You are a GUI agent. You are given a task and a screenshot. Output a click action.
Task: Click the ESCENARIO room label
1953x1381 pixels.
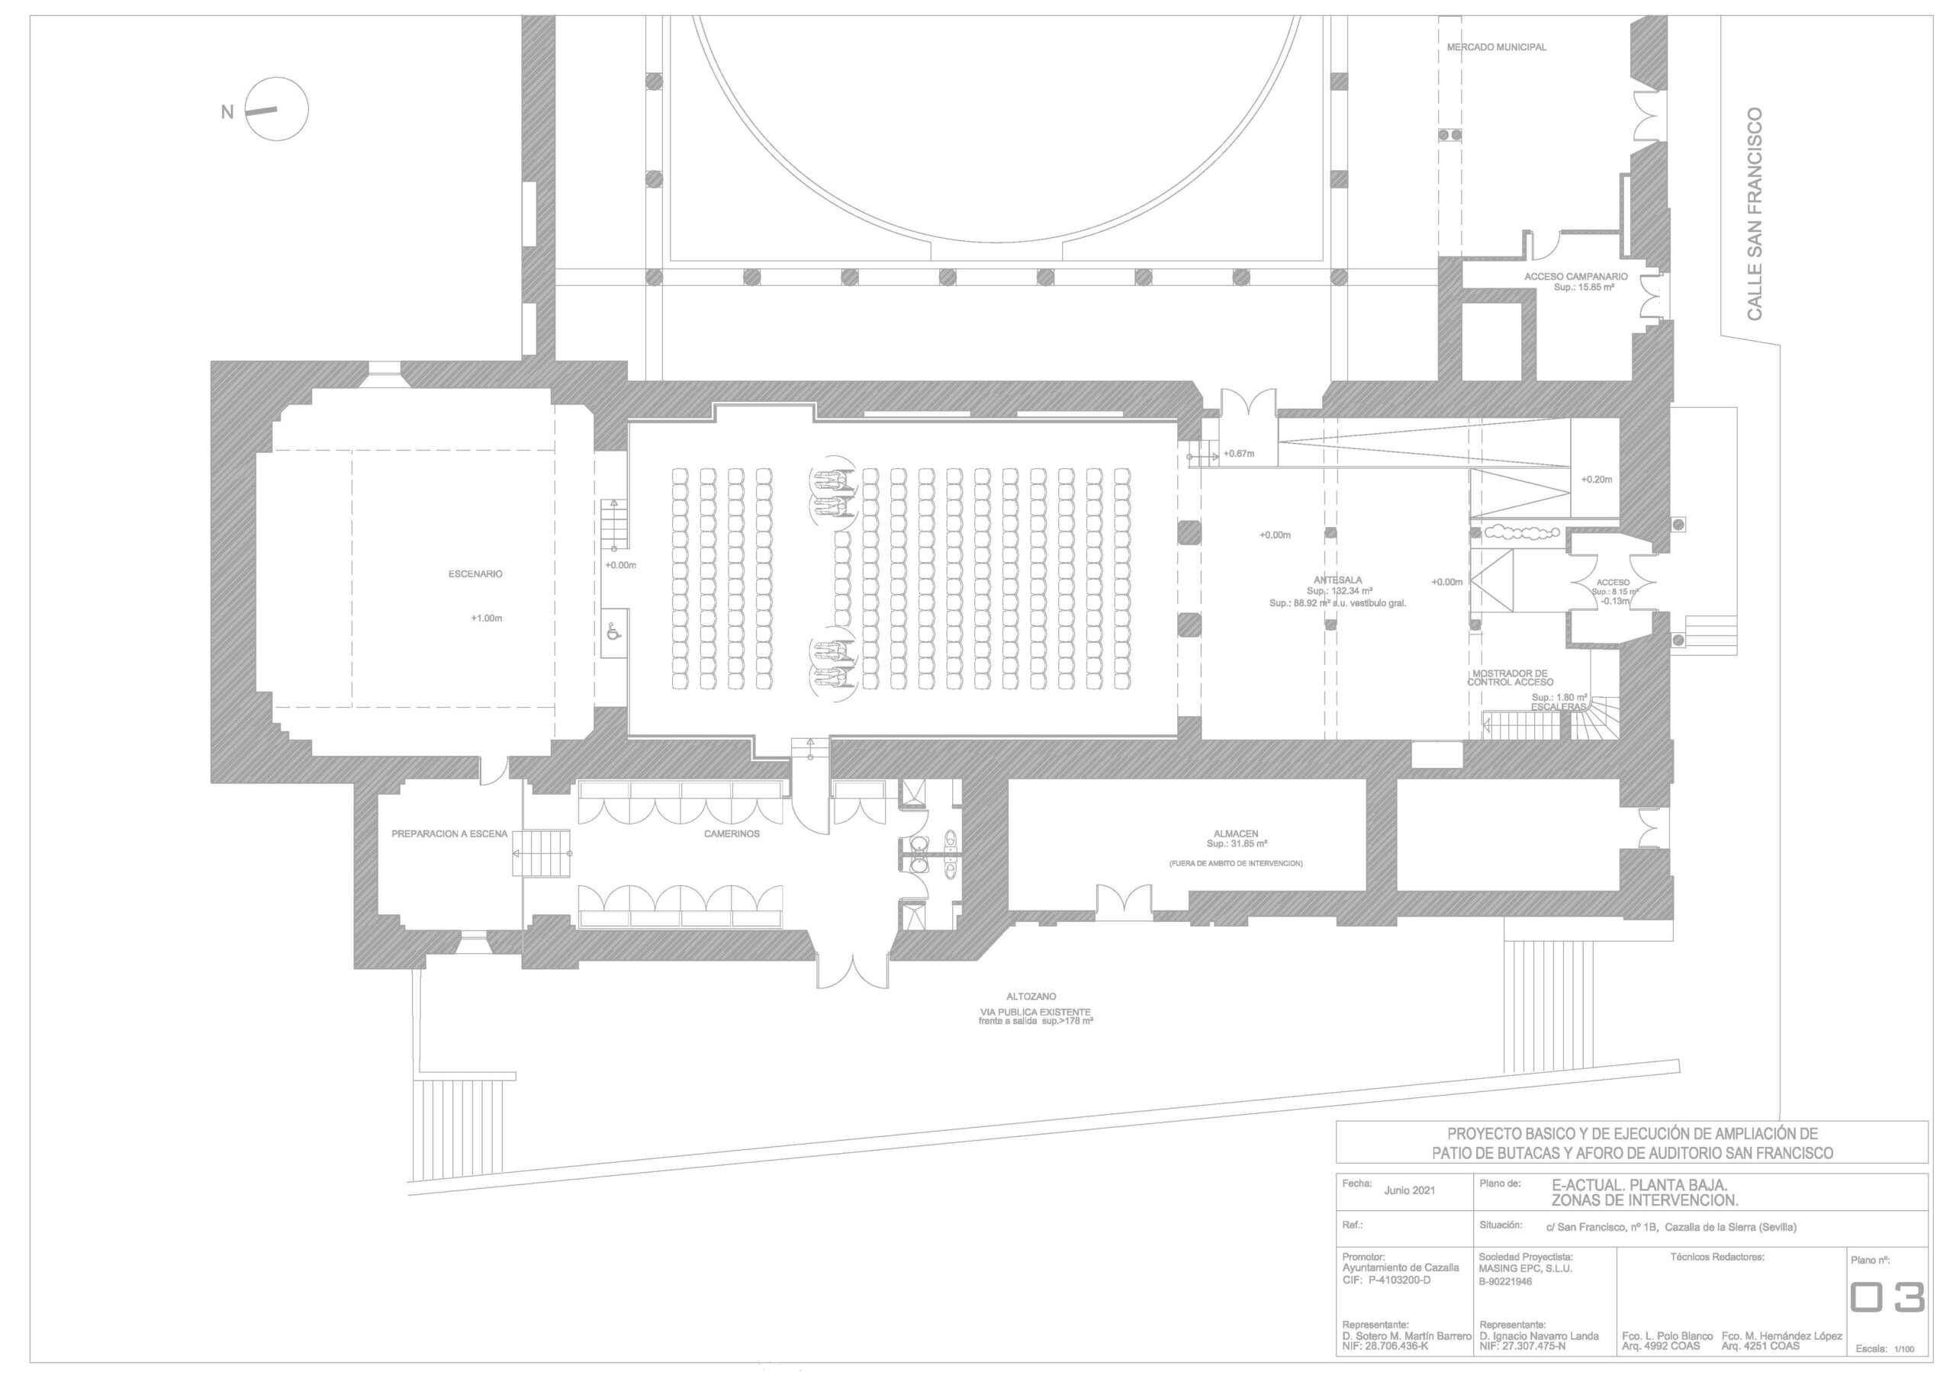click(x=475, y=574)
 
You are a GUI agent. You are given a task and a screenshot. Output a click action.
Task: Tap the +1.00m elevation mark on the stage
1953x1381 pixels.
click(x=487, y=618)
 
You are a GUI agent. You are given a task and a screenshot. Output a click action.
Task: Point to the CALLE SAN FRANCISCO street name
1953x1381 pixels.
click(x=1754, y=214)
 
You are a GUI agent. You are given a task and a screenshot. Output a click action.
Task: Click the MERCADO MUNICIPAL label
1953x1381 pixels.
click(x=1497, y=47)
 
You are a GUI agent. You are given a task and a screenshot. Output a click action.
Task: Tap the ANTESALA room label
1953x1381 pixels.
click(x=1338, y=580)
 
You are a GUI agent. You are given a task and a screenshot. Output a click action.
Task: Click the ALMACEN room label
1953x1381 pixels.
click(x=1236, y=834)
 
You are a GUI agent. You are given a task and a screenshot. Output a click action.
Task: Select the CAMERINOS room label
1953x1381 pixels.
click(x=732, y=834)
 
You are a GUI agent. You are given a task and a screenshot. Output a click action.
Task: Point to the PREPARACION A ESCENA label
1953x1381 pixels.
click(x=449, y=834)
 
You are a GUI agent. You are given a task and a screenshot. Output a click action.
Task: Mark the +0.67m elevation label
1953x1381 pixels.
click(x=1237, y=454)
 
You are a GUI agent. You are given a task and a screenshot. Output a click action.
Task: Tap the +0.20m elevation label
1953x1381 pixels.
click(x=1597, y=480)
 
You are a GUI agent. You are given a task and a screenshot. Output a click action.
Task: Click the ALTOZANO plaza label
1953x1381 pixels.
click(x=1031, y=997)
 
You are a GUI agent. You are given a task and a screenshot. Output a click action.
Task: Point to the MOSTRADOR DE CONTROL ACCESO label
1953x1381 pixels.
click(x=1510, y=678)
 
